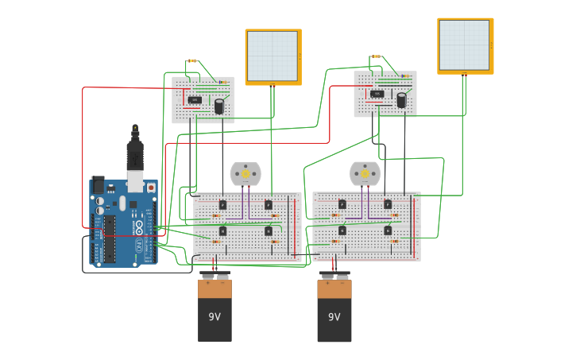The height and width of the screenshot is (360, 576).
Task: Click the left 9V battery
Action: pyautogui.click(x=215, y=310)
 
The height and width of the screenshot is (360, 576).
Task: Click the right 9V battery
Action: pyautogui.click(x=334, y=310)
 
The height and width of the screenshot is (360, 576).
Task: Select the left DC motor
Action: pyautogui.click(x=245, y=173)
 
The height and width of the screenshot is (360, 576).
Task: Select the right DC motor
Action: pyautogui.click(x=365, y=173)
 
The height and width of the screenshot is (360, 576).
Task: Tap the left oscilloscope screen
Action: pyautogui.click(x=273, y=56)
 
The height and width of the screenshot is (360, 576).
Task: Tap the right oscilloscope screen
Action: pyautogui.click(x=465, y=45)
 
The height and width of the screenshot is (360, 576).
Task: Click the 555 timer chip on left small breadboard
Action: pyautogui.click(x=195, y=99)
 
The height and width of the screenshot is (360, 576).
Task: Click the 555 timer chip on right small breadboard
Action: pyautogui.click(x=377, y=94)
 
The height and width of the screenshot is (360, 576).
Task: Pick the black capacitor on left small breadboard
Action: pyautogui.click(x=218, y=106)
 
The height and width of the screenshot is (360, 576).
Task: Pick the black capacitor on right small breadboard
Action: pyautogui.click(x=401, y=100)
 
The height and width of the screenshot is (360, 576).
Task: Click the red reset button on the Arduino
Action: pyautogui.click(x=151, y=188)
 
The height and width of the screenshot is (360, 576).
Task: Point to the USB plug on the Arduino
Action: pyautogui.click(x=135, y=156)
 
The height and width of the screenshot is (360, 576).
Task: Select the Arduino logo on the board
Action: pyautogui.click(x=140, y=230)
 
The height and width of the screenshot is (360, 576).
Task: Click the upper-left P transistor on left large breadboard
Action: pyautogui.click(x=223, y=205)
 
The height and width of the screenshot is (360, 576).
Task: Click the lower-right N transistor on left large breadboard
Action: pyautogui.click(x=269, y=231)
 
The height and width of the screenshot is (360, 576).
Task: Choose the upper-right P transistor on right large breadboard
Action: pyautogui.click(x=388, y=204)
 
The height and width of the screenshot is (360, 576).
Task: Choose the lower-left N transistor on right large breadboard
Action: pyautogui.click(x=342, y=230)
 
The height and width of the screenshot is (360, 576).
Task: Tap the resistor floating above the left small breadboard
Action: pyautogui.click(x=191, y=60)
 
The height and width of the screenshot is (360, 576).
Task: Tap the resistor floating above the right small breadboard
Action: pyautogui.click(x=375, y=56)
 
